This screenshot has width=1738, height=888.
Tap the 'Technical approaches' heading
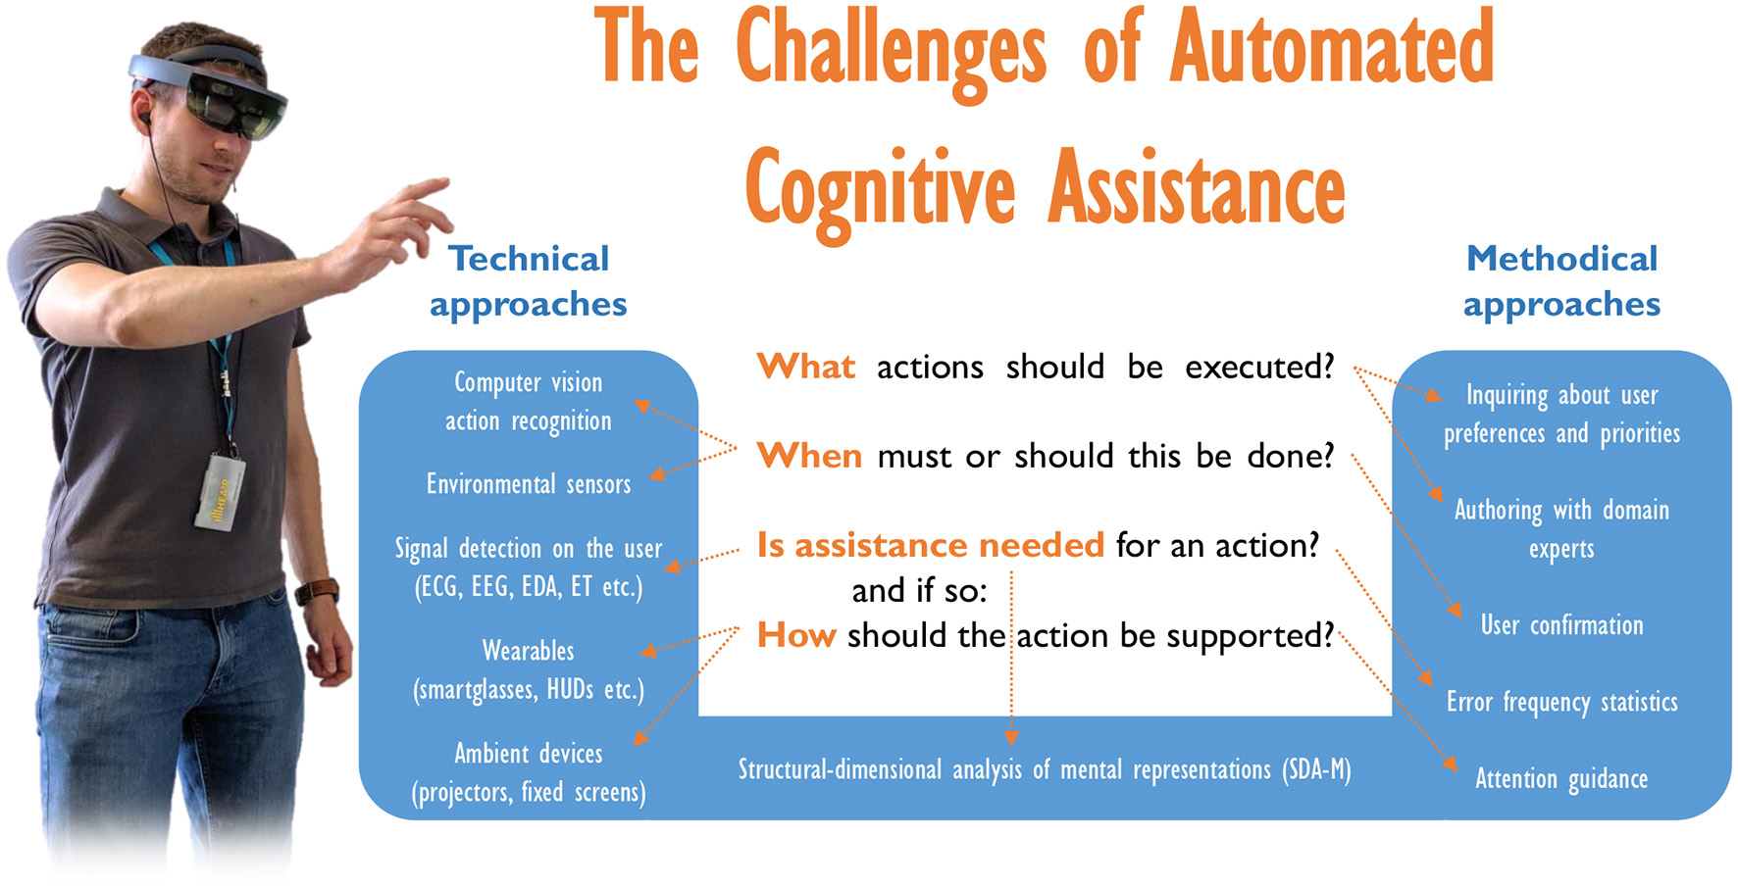tap(528, 281)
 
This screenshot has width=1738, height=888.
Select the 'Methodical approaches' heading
tap(1561, 281)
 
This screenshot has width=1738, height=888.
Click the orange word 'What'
tap(805, 367)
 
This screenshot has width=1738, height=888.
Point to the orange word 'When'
tap(809, 456)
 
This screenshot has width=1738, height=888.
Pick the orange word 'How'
tap(795, 635)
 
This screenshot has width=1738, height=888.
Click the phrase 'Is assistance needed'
tap(930, 545)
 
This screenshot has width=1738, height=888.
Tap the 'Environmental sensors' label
tap(528, 484)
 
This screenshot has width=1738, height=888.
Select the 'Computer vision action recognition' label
tap(528, 401)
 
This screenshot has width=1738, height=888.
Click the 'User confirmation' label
tap(1561, 625)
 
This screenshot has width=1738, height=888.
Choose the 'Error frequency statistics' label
tap(1561, 702)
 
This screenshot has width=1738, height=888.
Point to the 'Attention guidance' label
tap(1561, 779)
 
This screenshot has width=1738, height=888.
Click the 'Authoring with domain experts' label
tap(1561, 528)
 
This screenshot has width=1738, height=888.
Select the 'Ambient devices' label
tap(528, 754)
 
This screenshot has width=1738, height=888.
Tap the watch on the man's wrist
tap(318, 592)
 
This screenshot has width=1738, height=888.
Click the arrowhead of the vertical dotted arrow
tap(1011, 737)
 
